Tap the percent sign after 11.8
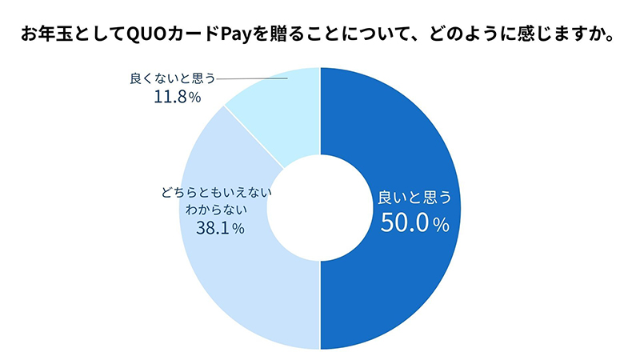coord(195,98)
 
